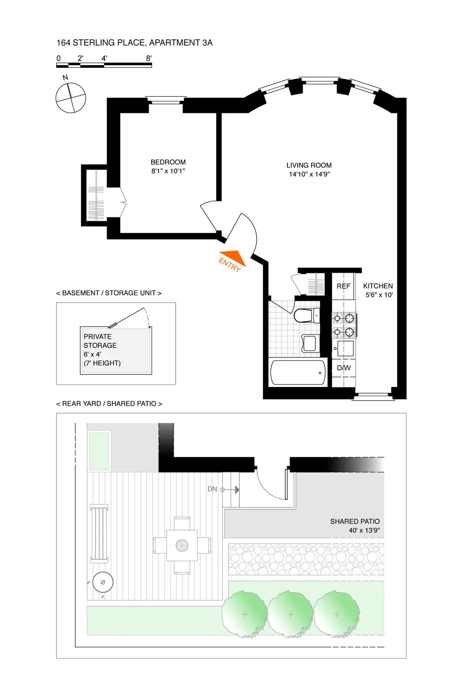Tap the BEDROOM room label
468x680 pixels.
pos(168,162)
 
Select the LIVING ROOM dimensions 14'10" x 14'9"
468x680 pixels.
pos(309,174)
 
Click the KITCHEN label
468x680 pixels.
pos(378,286)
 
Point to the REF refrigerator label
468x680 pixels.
pos(343,286)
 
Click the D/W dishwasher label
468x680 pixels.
pos(344,368)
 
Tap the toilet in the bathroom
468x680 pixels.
pos(305,315)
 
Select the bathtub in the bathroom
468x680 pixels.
pos(298,373)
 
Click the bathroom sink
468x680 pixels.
pos(310,343)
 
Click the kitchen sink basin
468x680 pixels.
pos(346,348)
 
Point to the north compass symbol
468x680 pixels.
pos(71,98)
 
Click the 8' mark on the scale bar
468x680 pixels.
pos(149,59)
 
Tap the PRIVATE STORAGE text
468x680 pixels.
pos(100,341)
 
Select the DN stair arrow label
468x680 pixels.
pos(213,489)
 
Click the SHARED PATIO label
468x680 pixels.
pos(355,522)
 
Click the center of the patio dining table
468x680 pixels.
pos(182,545)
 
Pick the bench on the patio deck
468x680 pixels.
pos(99,533)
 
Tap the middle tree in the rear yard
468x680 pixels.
pos(290,614)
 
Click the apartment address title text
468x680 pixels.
pos(135,43)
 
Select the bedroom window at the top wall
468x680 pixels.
pos(166,100)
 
